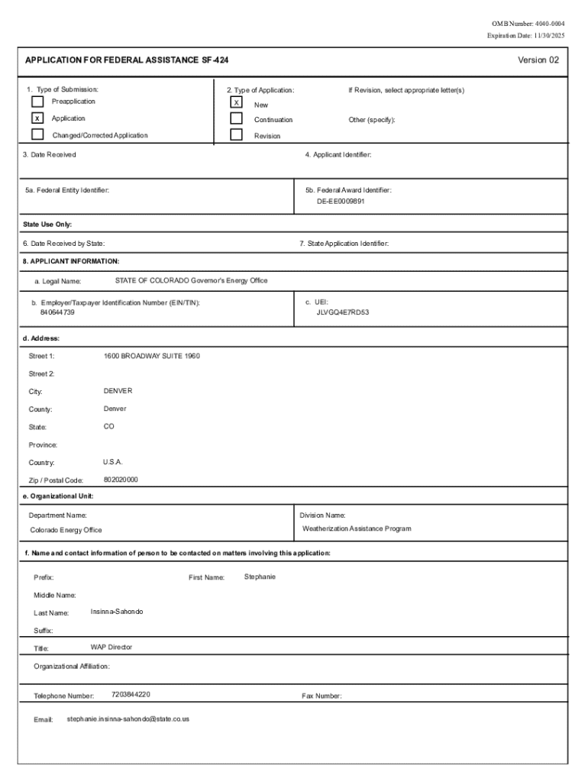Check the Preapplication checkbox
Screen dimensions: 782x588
point(37,102)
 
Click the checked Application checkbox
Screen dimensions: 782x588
point(37,118)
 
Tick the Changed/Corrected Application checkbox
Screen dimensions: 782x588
point(37,135)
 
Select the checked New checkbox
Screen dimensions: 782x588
point(237,102)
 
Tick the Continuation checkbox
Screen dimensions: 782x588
point(237,119)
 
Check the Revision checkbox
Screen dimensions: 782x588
point(237,136)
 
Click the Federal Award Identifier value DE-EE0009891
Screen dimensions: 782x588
point(341,202)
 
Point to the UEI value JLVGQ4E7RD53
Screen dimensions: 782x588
point(343,312)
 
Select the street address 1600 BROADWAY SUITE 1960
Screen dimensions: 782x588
point(151,356)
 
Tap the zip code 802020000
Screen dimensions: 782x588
point(121,480)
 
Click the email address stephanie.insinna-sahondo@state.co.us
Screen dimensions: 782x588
point(128,719)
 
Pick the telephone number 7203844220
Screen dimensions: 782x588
point(131,695)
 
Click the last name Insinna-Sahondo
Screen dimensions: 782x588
point(117,612)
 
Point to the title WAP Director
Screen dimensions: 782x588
point(111,647)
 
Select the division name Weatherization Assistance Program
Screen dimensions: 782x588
point(357,528)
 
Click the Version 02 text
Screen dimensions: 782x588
point(538,60)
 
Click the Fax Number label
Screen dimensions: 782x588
point(321,696)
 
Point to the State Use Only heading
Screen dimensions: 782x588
point(47,225)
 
